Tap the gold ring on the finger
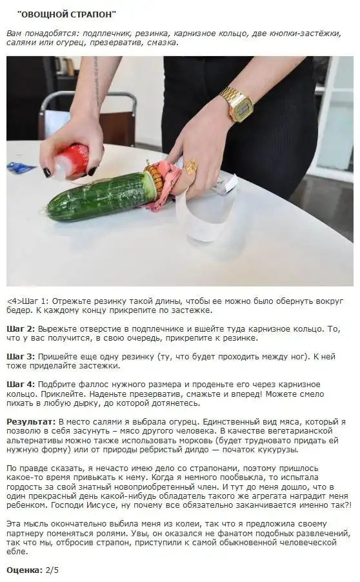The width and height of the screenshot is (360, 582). [191, 166]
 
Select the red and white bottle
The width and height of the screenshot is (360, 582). [72, 161]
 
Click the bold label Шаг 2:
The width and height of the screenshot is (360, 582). [21, 329]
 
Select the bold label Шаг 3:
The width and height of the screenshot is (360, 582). [21, 357]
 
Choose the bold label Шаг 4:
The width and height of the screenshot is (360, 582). [21, 385]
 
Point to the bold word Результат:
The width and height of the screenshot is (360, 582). [31, 422]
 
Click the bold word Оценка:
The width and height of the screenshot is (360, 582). [24, 570]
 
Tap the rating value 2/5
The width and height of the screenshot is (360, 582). [52, 570]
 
